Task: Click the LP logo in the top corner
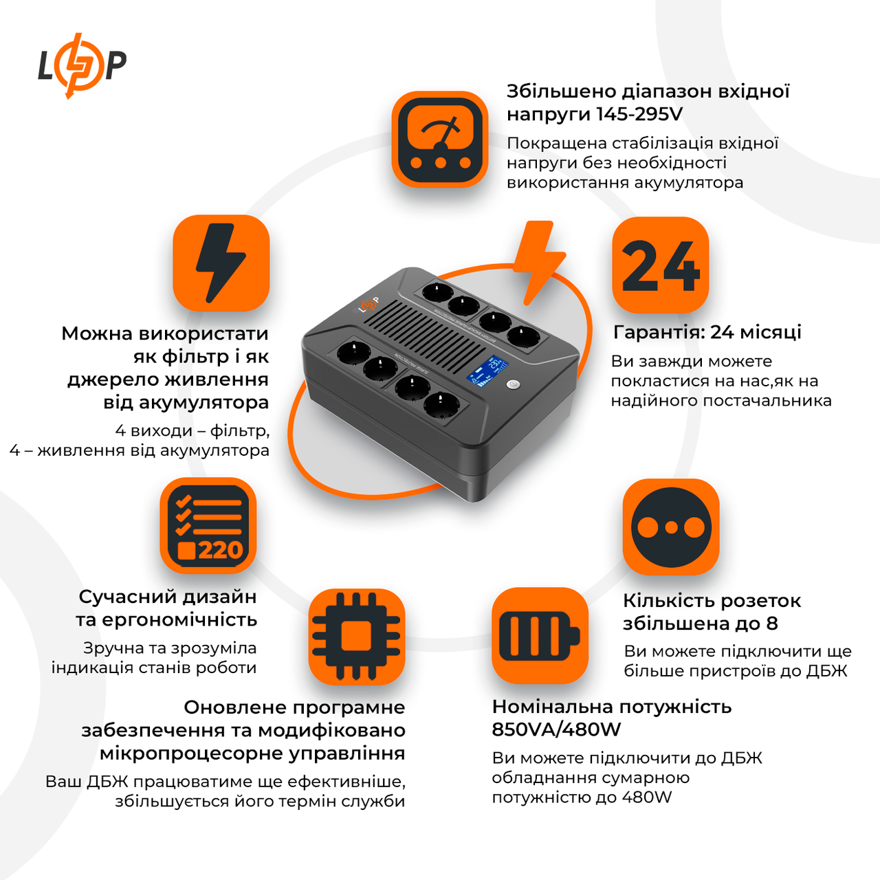coord(82,65)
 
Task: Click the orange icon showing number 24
coord(660,265)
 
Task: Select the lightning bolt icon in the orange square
coord(221,263)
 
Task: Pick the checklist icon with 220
coord(208,526)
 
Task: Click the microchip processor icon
coord(356,636)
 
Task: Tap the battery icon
coord(540,636)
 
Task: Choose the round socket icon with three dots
coord(671,527)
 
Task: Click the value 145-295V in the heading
coord(639,114)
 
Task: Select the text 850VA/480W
coord(556,729)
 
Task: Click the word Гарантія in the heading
coord(658,332)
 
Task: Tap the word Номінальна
coord(548,707)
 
